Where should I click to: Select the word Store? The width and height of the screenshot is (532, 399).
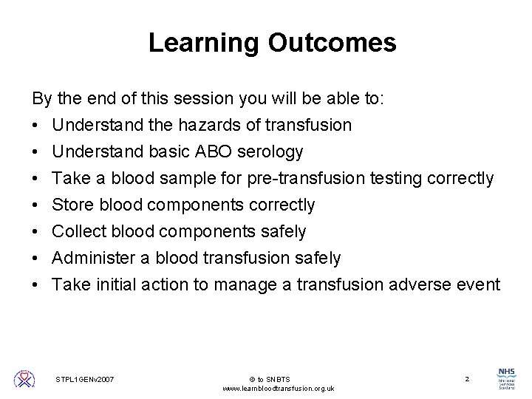pyautogui.click(x=72, y=205)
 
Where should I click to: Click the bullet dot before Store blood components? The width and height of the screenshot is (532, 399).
pyautogui.click(x=36, y=205)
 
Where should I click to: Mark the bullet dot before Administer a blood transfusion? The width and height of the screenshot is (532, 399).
pyautogui.click(x=36, y=259)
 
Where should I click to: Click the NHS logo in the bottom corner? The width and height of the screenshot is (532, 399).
pyautogui.click(x=507, y=378)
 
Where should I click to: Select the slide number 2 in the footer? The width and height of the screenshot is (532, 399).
pyautogui.click(x=466, y=379)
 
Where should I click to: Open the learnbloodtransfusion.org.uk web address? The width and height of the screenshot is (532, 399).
pyautogui.click(x=278, y=389)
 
